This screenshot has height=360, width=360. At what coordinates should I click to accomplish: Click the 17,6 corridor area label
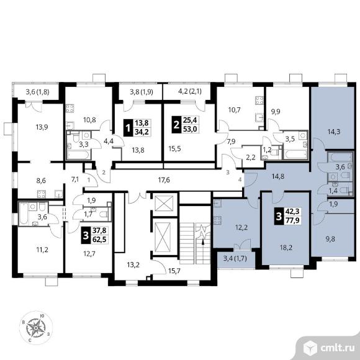click(164, 180)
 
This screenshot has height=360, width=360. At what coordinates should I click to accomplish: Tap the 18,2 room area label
click(286, 248)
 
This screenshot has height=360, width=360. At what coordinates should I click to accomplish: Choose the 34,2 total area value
click(141, 132)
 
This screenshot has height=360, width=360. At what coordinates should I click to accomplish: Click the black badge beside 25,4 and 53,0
click(176, 125)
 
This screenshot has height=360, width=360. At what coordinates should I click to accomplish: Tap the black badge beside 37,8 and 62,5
click(86, 235)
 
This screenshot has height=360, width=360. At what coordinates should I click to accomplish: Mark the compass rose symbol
click(36, 328)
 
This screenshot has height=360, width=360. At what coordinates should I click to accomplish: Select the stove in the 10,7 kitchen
click(259, 101)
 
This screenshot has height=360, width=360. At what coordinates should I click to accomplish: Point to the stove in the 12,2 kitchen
click(217, 220)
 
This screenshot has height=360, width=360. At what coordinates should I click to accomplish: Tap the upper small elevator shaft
click(164, 203)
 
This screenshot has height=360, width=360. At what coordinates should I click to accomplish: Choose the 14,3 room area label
click(334, 132)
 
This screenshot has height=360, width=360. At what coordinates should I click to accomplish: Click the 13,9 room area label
click(42, 127)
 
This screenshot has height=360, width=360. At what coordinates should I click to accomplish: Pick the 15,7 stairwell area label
click(174, 271)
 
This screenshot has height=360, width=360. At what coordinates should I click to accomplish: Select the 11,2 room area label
click(42, 250)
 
